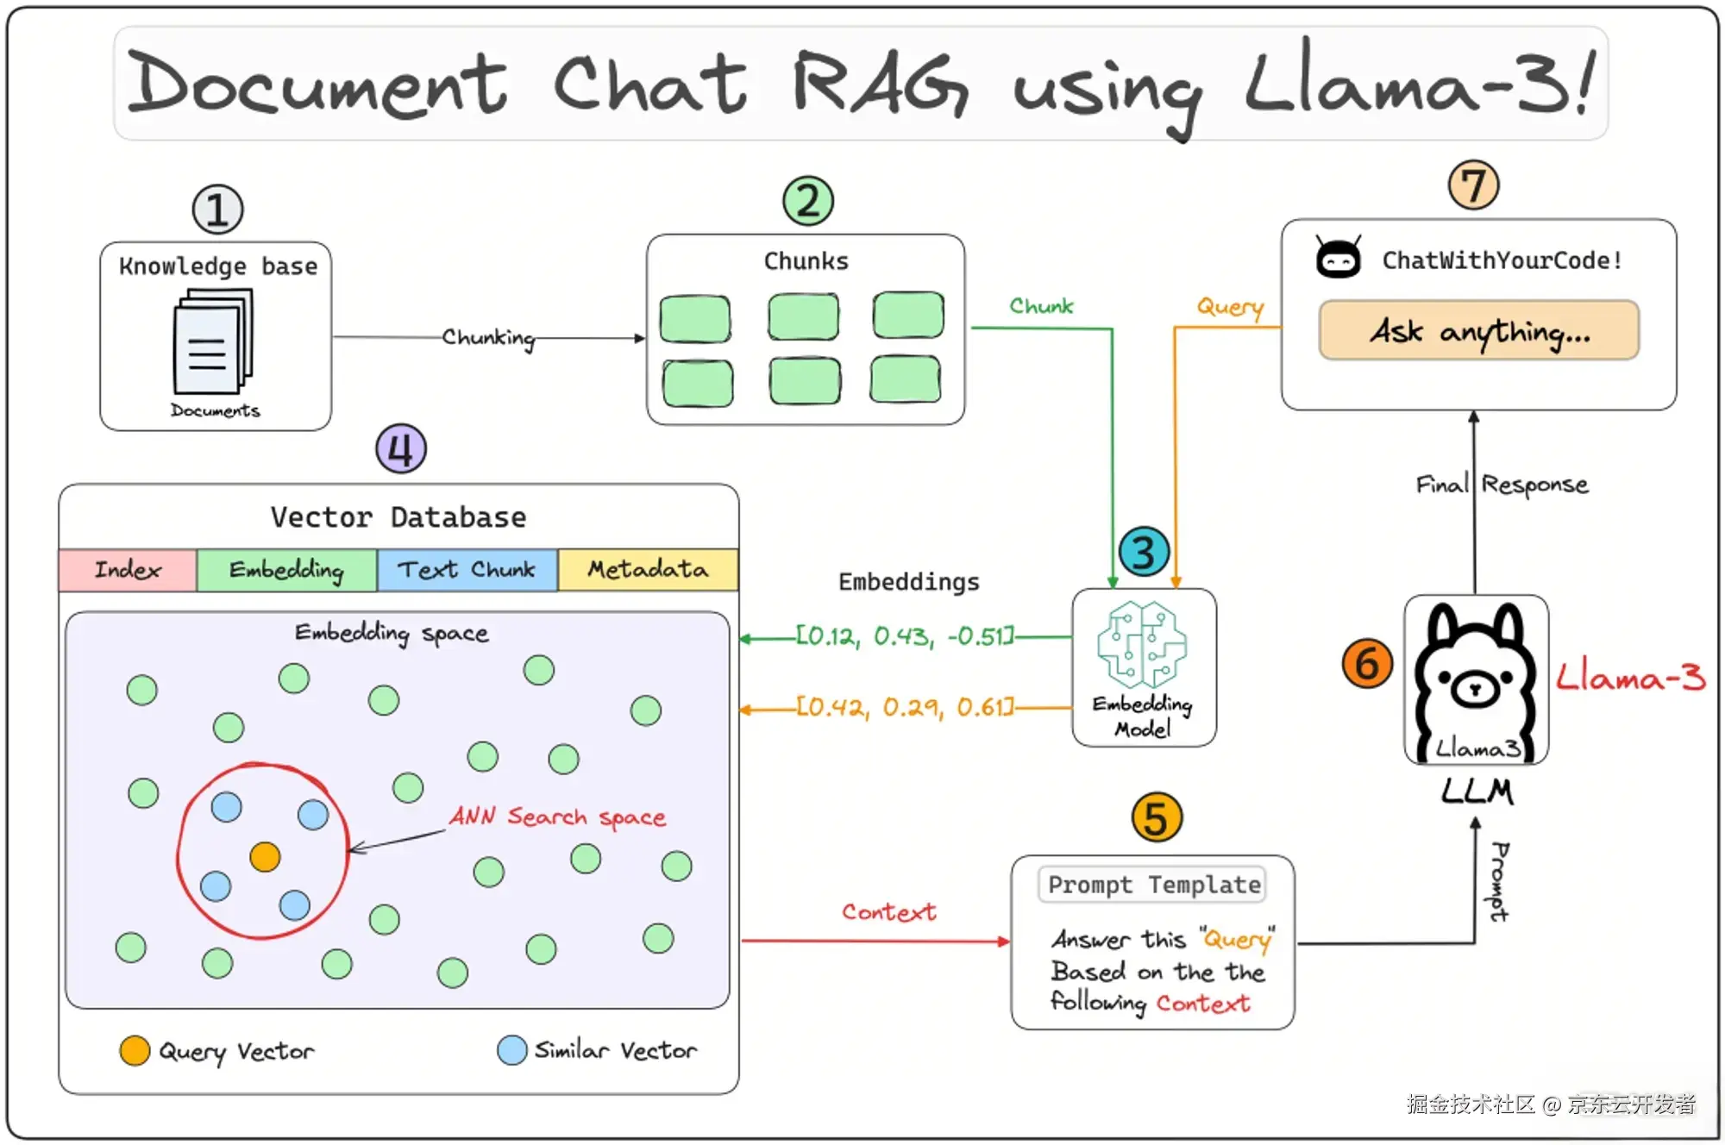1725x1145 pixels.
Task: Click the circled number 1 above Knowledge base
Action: coord(217,210)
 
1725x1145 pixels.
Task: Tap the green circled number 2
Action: coord(808,201)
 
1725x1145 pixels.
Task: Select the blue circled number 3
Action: coord(1144,553)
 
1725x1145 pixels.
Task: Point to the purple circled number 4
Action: coord(401,448)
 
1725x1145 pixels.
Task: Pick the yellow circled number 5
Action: coord(1157,817)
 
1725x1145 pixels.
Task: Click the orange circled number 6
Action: coord(1367,663)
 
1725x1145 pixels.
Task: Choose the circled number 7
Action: coord(1473,185)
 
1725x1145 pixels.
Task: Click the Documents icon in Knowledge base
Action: coord(212,343)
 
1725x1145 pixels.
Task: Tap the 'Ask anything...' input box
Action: coord(1478,330)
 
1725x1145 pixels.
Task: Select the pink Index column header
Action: coord(128,570)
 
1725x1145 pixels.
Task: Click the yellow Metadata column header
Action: coord(648,570)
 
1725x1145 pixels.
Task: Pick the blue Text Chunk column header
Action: coord(467,570)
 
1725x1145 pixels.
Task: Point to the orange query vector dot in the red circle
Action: coord(265,856)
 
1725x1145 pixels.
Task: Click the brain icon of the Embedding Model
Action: coord(1142,645)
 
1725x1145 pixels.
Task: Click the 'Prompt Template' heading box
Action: coord(1153,885)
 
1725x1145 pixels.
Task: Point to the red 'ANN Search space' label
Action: coord(558,817)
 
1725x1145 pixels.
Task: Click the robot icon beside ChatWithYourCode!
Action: coord(1339,257)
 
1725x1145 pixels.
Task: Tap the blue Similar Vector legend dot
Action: coord(511,1050)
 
